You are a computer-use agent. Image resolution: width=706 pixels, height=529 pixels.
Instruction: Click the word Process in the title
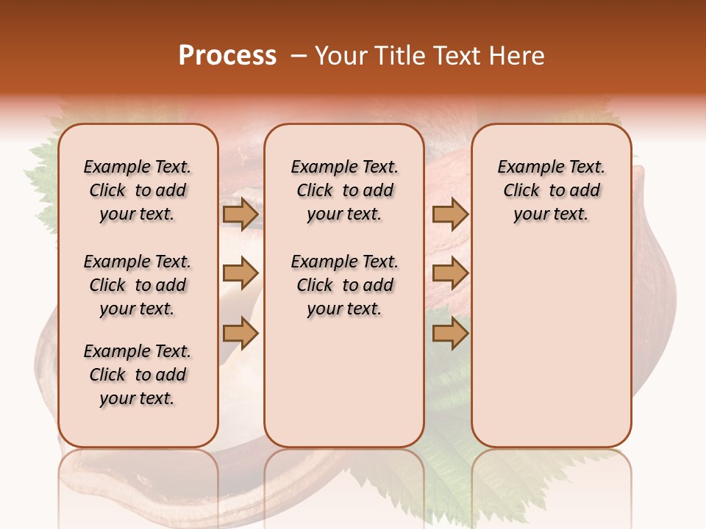[x=227, y=55]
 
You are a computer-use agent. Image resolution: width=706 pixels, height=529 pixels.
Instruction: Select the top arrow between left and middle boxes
[x=240, y=214]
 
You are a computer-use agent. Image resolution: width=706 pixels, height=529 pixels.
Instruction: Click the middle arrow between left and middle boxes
[x=240, y=274]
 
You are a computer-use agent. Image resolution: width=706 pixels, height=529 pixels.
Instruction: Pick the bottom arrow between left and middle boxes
[x=240, y=334]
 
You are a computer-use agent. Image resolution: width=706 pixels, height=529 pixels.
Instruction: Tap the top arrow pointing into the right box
[x=450, y=214]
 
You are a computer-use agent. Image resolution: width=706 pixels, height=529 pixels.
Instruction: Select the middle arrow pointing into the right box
[x=450, y=274]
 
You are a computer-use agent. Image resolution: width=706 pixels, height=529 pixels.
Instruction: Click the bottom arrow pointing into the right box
[x=450, y=334]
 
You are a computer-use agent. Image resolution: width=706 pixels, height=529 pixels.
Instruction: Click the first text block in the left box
[x=138, y=190]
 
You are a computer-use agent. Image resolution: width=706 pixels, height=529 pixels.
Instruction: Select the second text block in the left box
[x=138, y=285]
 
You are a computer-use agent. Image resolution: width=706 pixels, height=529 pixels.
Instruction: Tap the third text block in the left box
[x=138, y=375]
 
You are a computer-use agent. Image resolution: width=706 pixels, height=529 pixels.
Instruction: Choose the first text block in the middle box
[x=344, y=190]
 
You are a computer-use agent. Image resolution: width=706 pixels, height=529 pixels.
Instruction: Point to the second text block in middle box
[x=344, y=285]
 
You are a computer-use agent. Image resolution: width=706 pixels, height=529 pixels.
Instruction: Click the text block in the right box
[x=551, y=190]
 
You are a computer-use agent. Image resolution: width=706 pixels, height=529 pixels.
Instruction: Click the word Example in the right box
[x=527, y=167]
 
